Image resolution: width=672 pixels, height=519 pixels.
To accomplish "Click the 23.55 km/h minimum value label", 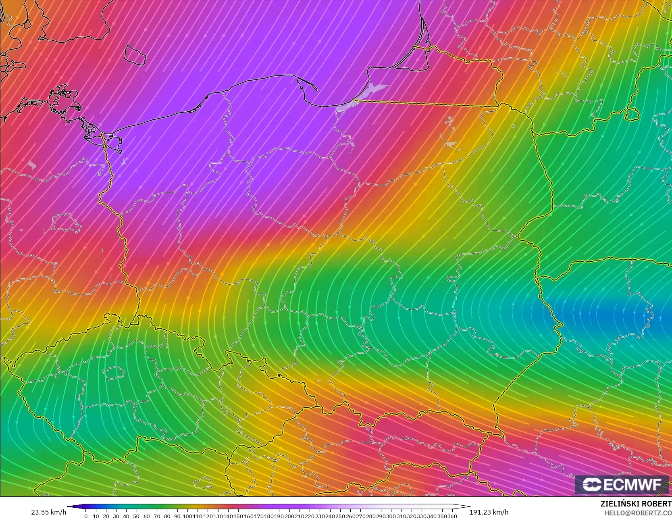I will tap(48, 512).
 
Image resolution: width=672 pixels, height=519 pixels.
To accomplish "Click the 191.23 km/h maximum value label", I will tap(489, 512).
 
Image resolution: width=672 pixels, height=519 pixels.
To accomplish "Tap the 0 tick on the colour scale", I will tap(85, 516).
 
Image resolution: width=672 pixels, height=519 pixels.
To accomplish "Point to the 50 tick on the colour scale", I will tap(136, 516).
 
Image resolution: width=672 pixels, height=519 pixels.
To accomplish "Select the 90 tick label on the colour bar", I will tap(177, 516).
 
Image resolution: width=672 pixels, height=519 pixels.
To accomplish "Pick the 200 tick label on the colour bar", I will tap(289, 516).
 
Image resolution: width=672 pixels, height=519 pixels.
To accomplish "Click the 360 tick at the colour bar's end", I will tap(452, 516).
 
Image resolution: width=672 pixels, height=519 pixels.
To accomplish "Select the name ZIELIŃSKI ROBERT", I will tap(636, 504).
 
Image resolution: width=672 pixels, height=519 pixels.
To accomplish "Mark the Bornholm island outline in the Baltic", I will tap(135, 54).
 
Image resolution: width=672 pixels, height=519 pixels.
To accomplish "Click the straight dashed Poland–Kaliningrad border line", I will tap(423, 103).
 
